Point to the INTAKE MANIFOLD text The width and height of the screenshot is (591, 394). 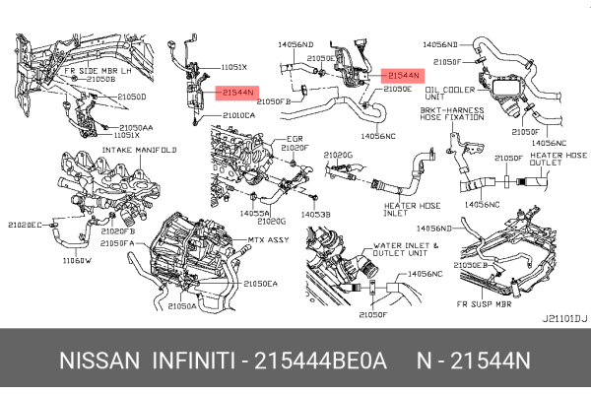tap(139, 150)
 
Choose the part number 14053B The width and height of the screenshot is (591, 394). tap(315, 213)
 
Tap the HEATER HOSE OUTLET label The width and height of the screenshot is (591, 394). tap(558, 162)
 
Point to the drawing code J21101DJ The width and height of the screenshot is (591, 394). tap(563, 318)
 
